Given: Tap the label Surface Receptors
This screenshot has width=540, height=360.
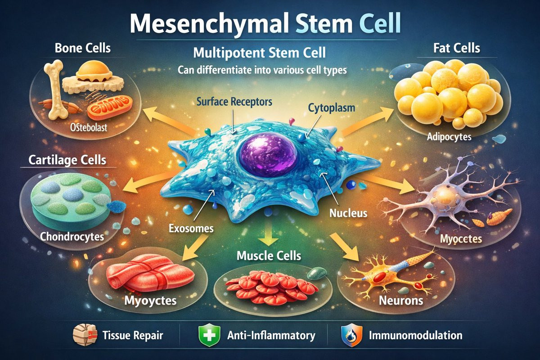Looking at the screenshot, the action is pyautogui.click(x=234, y=102).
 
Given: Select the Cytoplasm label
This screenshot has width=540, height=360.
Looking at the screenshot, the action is pyautogui.click(x=332, y=108).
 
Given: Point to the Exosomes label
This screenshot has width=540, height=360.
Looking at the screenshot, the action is pyautogui.click(x=191, y=228).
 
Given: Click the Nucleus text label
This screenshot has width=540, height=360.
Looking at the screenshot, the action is pyautogui.click(x=348, y=213).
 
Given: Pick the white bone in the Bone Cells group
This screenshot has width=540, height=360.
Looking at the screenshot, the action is pyautogui.click(x=56, y=90).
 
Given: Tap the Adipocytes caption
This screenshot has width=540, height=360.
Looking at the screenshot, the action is pyautogui.click(x=449, y=137).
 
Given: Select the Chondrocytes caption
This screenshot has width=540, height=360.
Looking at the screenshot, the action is pyautogui.click(x=72, y=237).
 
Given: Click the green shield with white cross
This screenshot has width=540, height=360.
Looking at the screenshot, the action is pyautogui.click(x=209, y=335).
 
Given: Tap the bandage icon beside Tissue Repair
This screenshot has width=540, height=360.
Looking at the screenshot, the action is pyautogui.click(x=85, y=335).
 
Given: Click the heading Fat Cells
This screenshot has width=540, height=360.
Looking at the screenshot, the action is pyautogui.click(x=457, y=48).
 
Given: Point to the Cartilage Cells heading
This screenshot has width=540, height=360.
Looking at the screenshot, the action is pyautogui.click(x=67, y=160).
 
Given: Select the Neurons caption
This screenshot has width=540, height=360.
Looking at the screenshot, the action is pyautogui.click(x=401, y=301).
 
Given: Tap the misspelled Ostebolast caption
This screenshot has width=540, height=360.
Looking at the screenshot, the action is pyautogui.click(x=89, y=127).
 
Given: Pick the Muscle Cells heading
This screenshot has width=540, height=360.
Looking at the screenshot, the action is pyautogui.click(x=269, y=256).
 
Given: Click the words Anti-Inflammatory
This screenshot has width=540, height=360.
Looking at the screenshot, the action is pyautogui.click(x=271, y=335).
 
